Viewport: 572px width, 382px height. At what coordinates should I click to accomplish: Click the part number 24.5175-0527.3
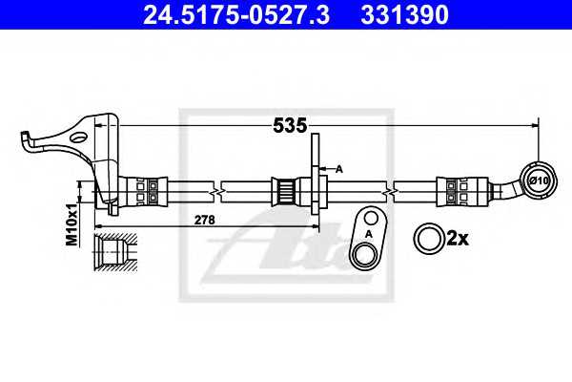pyautogui.click(x=236, y=14)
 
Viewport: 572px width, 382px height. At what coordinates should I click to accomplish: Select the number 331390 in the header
pyautogui.click(x=404, y=14)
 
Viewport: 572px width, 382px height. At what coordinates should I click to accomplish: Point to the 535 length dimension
pyautogui.click(x=290, y=126)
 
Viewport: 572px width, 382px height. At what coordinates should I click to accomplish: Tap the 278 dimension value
pyautogui.click(x=205, y=220)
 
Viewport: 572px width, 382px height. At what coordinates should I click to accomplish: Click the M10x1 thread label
pyautogui.click(x=71, y=224)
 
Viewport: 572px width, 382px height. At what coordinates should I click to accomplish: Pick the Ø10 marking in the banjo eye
pyautogui.click(x=539, y=180)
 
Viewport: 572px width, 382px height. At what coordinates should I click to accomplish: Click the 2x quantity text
pyautogui.click(x=458, y=239)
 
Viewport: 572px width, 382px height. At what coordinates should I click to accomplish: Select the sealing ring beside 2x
pyautogui.click(x=430, y=239)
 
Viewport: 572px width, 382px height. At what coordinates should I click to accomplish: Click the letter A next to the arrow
pyautogui.click(x=339, y=169)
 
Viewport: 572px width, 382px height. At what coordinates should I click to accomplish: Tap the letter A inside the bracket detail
pyautogui.click(x=368, y=234)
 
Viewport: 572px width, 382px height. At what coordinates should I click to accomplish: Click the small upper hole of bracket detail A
pyautogui.click(x=371, y=219)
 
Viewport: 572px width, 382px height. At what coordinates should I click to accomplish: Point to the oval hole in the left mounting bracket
pyautogui.click(x=78, y=138)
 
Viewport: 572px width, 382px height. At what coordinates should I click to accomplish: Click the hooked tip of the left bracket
pyautogui.click(x=25, y=135)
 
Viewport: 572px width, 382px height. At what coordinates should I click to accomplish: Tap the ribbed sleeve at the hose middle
pyautogui.click(x=285, y=192)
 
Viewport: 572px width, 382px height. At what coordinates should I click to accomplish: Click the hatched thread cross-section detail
pyautogui.click(x=115, y=252)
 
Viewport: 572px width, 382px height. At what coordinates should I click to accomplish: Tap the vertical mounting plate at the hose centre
pyautogui.click(x=315, y=174)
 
